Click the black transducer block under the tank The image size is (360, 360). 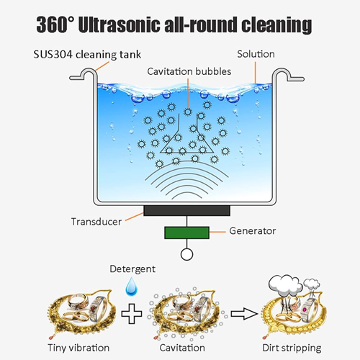tap(186, 210)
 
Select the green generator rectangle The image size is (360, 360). tap(186, 233)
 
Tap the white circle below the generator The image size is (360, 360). tap(186, 254)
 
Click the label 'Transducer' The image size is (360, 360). tap(96, 222)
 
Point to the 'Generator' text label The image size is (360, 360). tap(253, 231)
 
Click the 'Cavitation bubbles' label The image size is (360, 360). tap(189, 71)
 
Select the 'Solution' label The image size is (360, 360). tap(256, 54)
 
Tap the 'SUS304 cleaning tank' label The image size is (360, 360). tap(87, 55)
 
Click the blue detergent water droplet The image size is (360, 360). tap(132, 286)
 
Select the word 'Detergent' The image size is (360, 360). tap(132, 269)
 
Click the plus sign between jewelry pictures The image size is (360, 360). tap(132, 313)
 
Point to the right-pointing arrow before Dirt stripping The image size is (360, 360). tap(244, 313)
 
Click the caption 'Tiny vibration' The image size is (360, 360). tap(78, 348)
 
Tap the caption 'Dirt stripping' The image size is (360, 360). tap(292, 348)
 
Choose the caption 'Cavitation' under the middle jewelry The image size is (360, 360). tap(182, 348)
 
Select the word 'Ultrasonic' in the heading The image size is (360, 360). tap(120, 24)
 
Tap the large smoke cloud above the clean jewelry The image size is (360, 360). tap(285, 284)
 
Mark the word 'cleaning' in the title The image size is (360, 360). tap(276, 25)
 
